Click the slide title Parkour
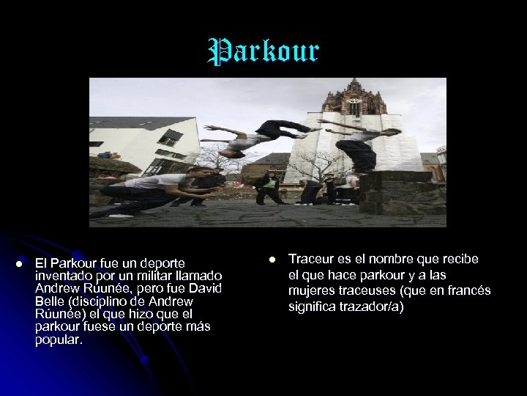coord(263,52)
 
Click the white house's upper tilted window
coord(170,137)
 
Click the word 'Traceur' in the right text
coord(310,259)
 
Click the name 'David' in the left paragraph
coord(206,288)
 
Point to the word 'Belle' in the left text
coord(50,301)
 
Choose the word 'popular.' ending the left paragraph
coord(59,341)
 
